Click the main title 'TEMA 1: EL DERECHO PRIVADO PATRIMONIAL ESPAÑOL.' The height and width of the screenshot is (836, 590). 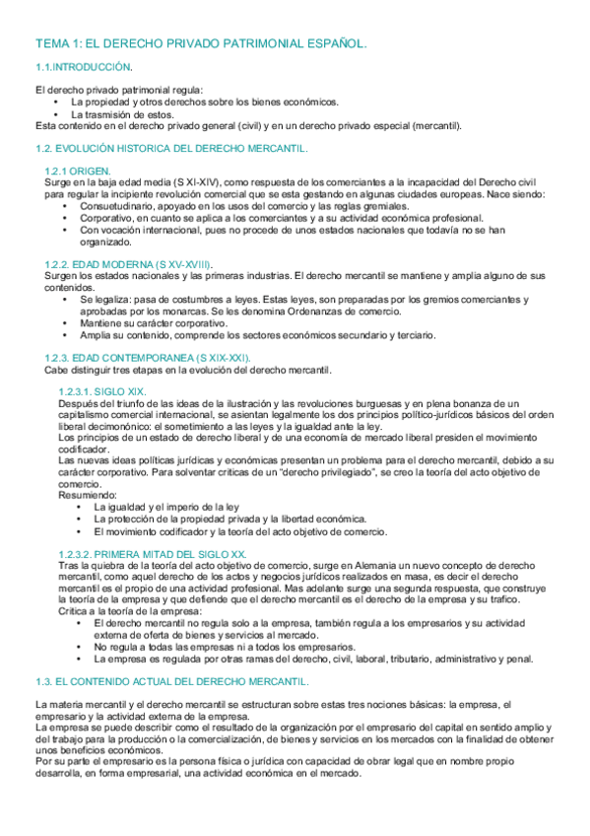[200, 43]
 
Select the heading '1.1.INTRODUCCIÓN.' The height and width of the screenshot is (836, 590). [84, 67]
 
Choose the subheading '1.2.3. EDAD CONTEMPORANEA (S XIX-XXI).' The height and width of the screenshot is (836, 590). [148, 358]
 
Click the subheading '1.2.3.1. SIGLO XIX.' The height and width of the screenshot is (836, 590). [102, 391]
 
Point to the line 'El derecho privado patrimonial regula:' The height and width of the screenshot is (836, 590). [119, 91]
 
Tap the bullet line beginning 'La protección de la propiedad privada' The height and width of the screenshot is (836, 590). [229, 519]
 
